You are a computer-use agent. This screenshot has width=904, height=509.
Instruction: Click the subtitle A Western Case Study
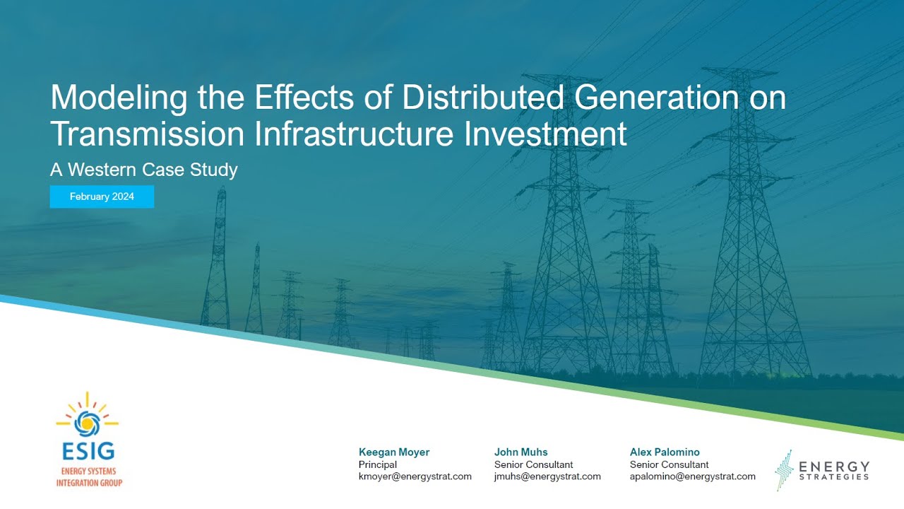click(144, 170)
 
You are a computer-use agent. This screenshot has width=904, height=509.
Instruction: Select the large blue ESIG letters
click(88, 451)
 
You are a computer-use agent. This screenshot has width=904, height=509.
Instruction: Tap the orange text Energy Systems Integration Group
click(89, 477)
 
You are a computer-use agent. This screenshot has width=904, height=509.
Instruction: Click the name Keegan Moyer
click(394, 452)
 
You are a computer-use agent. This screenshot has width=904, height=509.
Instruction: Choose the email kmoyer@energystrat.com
click(415, 476)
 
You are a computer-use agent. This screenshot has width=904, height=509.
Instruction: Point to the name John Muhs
click(521, 452)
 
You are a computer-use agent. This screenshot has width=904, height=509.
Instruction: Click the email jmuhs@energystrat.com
click(548, 476)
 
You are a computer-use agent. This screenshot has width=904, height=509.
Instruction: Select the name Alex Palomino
click(665, 452)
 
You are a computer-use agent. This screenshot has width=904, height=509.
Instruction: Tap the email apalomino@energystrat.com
click(693, 476)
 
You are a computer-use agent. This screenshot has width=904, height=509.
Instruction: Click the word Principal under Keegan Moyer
click(378, 464)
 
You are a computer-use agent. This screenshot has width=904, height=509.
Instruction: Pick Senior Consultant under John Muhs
click(534, 464)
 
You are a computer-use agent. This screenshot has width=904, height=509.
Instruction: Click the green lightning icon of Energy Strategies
click(783, 469)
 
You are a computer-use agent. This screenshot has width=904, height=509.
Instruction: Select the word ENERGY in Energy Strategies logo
click(834, 467)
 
